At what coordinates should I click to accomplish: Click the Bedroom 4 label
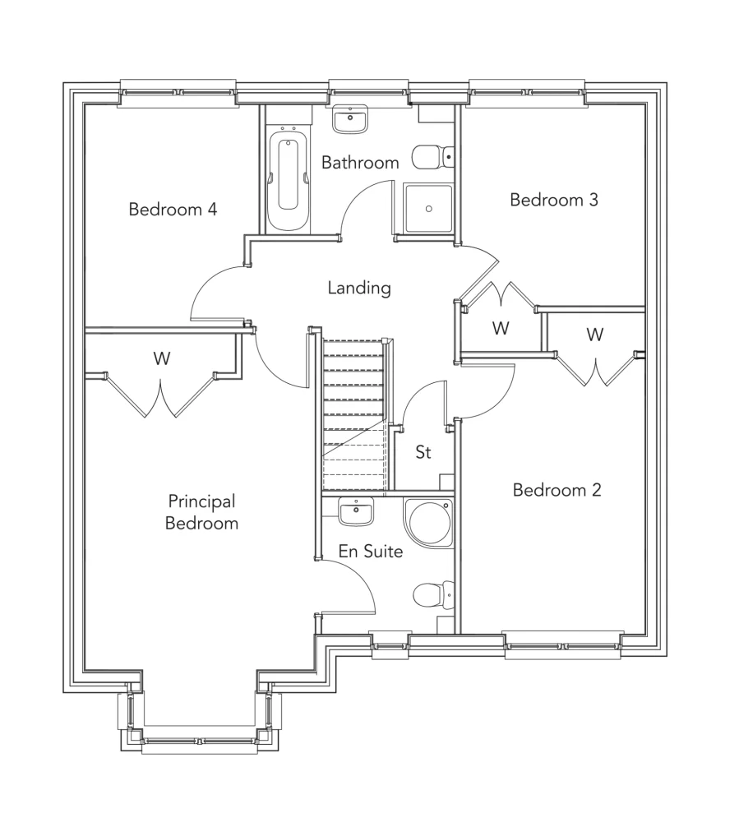[173, 210]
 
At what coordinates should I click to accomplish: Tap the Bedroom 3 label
[553, 200]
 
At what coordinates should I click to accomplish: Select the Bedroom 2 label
[557, 491]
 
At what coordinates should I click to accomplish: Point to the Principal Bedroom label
[201, 511]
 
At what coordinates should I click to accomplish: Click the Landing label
[358, 289]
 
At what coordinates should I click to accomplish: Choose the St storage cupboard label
[423, 452]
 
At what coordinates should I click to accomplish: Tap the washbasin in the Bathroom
[352, 120]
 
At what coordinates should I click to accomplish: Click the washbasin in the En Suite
[356, 511]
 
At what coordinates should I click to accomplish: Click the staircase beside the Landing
[353, 411]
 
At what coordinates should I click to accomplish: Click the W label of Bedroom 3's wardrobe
[500, 328]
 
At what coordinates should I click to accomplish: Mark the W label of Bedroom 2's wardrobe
[594, 335]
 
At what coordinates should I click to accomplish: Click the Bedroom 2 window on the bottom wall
[563, 644]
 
